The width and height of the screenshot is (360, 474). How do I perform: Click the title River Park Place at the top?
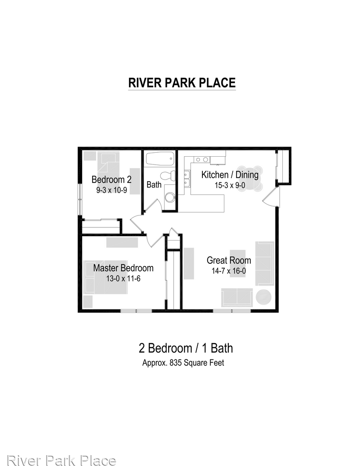182,83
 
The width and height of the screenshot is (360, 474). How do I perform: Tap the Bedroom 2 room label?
112,180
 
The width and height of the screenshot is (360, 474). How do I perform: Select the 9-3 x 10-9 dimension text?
112,190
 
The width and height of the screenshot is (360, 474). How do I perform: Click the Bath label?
154,184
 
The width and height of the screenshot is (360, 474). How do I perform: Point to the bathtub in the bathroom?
160,158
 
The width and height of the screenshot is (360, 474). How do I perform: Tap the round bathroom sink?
169,197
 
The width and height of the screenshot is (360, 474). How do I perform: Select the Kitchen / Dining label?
230,175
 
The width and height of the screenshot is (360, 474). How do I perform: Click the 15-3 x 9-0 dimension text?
230,185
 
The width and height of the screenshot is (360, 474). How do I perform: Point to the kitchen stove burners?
202,159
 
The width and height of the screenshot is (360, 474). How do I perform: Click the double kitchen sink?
187,179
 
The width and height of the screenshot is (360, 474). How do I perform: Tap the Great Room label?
229,260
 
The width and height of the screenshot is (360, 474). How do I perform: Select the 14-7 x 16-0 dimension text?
229,271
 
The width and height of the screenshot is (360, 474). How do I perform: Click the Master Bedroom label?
123,268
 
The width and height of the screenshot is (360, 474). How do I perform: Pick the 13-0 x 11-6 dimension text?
123,278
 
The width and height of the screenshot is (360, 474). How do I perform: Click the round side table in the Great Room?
263,298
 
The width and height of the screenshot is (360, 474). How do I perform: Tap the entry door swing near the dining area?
270,197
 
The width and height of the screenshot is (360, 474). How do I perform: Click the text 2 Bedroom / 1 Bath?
186,348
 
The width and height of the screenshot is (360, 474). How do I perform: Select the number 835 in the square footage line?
176,363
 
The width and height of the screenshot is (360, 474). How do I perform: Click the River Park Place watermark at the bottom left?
61,461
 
